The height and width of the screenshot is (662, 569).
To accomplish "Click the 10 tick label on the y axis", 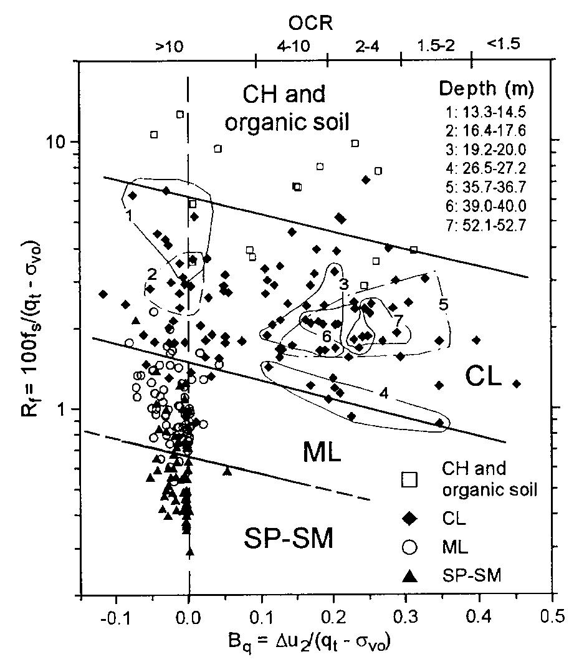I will (59, 142).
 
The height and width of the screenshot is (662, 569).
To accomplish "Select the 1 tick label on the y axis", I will (63, 409).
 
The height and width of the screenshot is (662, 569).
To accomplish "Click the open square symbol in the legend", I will (409, 479).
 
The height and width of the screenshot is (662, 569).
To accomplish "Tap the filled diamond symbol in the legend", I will (409, 517).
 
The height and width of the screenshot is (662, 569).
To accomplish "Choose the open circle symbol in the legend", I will (409, 547).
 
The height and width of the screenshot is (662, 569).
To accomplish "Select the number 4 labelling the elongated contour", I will (385, 393).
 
